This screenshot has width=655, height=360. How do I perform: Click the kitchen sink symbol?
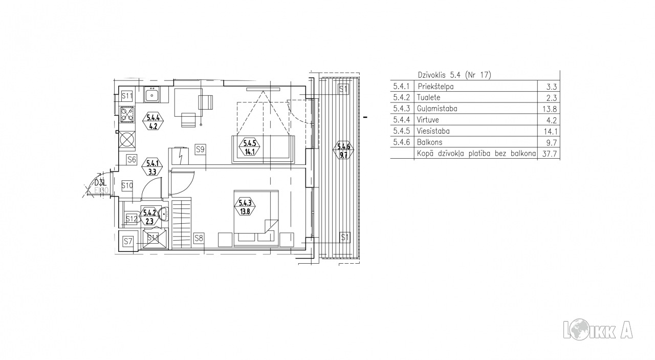(152, 95)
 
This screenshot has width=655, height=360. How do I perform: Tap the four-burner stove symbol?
(127, 114)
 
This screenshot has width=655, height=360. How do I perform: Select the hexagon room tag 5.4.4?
(153, 122)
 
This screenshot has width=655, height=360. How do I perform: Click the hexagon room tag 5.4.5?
(249, 147)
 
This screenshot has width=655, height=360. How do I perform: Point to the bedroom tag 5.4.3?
(245, 207)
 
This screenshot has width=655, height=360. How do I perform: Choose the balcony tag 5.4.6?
(343, 151)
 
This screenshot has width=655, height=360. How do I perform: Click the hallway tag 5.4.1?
(152, 167)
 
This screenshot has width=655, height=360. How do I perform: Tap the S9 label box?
(200, 150)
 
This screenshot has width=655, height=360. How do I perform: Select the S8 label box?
(199, 238)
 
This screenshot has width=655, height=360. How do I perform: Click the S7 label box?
(128, 241)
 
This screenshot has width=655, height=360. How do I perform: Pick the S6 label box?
(132, 159)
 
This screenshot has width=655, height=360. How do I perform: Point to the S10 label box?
(127, 185)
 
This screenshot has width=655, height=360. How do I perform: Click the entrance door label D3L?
(100, 183)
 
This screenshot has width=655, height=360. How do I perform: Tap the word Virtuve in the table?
(428, 120)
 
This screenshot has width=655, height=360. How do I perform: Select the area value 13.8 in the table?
(550, 109)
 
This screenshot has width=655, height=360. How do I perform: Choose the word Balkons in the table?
(429, 142)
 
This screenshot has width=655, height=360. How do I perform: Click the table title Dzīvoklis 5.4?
(439, 75)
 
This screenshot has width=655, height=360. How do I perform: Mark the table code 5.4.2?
(401, 97)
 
